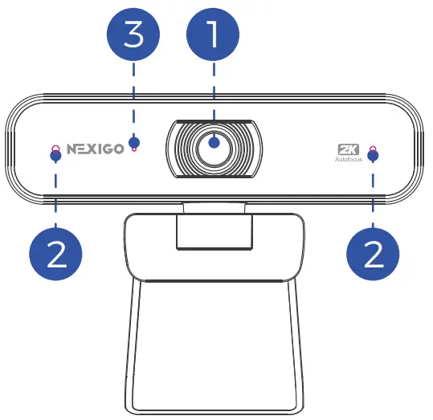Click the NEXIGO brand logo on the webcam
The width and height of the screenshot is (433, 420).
95,149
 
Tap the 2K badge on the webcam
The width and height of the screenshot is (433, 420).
347,149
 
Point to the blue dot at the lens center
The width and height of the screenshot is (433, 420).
214,144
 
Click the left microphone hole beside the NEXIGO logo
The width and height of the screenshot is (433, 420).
55,148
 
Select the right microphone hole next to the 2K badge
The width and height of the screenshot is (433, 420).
372,148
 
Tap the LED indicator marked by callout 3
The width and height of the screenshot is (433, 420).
133,149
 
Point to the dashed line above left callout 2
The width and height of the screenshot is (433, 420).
55,197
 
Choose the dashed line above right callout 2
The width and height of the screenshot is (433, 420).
373,197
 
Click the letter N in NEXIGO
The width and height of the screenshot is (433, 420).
72,149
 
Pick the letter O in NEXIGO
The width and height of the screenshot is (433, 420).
118,149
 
